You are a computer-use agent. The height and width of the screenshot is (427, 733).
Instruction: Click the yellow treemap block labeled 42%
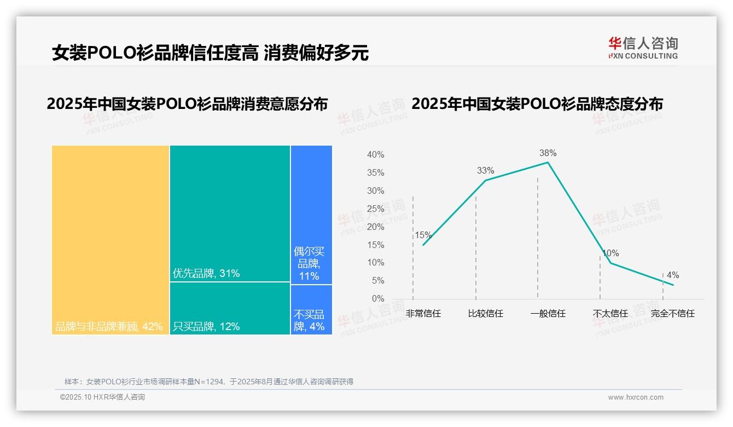click(x=110, y=240)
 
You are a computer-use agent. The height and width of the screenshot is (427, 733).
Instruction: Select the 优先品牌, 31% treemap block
click(x=230, y=214)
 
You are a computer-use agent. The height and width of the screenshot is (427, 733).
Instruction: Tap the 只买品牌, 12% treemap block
click(x=230, y=308)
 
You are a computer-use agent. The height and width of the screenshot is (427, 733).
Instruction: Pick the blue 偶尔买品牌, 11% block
click(x=311, y=215)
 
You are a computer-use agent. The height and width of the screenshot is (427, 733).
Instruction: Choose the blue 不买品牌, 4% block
click(x=311, y=310)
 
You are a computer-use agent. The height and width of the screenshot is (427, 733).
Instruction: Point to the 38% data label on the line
click(x=548, y=153)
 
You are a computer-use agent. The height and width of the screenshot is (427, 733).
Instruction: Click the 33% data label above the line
click(x=485, y=171)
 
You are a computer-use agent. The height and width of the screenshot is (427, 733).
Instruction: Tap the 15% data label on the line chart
click(x=423, y=235)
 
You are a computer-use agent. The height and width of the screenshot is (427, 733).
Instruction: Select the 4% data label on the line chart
click(x=672, y=275)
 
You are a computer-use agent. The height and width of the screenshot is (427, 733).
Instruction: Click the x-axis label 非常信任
click(x=423, y=314)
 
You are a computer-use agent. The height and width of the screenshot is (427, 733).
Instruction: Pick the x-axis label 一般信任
click(x=548, y=314)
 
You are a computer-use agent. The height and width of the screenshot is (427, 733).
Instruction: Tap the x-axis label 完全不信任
click(x=672, y=314)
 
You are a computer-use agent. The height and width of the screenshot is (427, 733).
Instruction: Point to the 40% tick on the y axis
click(x=375, y=155)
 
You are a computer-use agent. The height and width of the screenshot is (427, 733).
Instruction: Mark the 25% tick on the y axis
click(x=375, y=209)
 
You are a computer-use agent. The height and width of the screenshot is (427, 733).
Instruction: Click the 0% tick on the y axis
click(x=378, y=299)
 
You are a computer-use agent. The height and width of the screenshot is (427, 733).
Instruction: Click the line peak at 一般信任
click(x=548, y=162)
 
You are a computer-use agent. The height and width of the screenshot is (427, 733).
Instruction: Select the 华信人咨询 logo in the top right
click(x=643, y=48)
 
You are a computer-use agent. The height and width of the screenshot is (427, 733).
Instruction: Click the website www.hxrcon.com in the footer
click(x=636, y=397)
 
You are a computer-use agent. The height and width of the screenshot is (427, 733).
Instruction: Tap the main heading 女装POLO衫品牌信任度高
click(x=155, y=53)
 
